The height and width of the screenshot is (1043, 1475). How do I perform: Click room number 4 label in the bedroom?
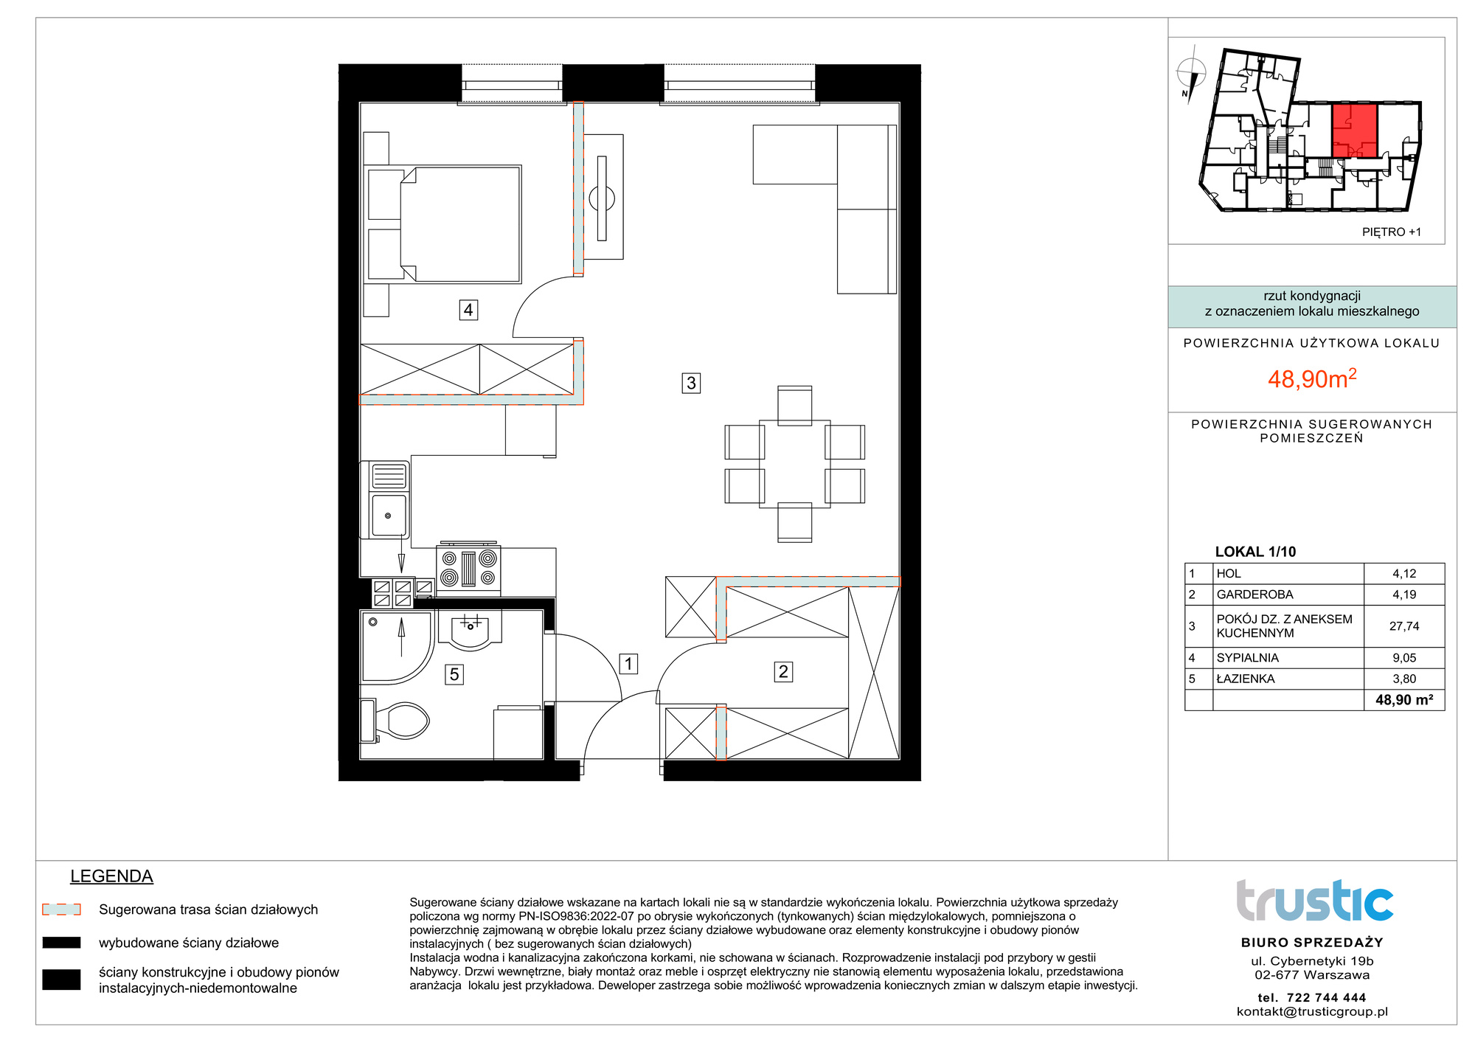468,310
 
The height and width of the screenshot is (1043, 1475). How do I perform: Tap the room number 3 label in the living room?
691,383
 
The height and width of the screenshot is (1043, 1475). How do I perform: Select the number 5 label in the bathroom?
454,674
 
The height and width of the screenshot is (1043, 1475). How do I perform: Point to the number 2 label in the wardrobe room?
783,671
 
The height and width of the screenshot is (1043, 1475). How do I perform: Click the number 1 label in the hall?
628,664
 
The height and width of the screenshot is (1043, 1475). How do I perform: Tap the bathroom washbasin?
470,629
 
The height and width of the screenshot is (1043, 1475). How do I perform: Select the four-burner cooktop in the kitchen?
468,569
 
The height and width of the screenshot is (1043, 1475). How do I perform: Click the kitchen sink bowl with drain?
389,515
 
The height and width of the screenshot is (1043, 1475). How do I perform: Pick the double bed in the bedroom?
443,224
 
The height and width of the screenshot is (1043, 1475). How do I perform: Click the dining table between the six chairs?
795,464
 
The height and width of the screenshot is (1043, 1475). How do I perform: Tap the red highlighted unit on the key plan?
1355,131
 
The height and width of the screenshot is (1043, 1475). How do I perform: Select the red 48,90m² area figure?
1312,378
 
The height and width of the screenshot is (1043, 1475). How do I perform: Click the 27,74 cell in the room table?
1404,626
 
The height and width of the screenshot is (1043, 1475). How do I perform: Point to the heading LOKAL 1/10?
1255,552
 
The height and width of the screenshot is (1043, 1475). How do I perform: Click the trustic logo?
1314,901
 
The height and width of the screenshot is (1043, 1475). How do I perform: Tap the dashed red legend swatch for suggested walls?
61,909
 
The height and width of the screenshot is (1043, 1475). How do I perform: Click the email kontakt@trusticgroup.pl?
1312,1012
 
